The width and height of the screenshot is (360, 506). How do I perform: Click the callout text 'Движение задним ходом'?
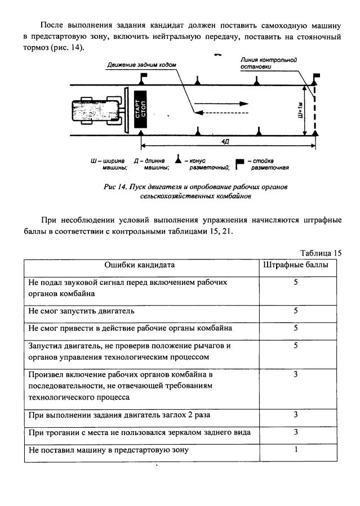(141, 65)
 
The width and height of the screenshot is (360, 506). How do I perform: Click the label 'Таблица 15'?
(321, 253)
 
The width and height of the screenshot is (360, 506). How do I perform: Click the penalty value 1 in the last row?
(295, 450)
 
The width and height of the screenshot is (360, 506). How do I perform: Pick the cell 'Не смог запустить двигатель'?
(82, 311)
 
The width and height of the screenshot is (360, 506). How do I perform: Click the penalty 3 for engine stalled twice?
(295, 415)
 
